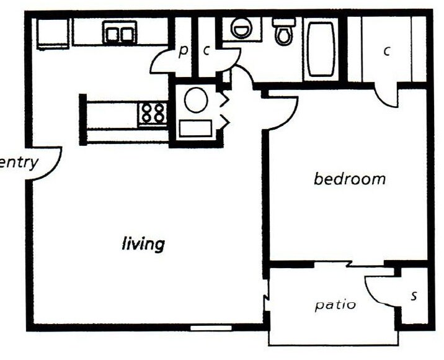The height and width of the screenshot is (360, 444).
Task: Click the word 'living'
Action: click(x=143, y=243)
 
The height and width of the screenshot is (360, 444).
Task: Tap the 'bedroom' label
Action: click(x=349, y=179)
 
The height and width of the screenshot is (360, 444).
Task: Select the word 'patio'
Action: click(x=335, y=305)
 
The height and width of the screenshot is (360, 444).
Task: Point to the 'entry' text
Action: click(x=19, y=163)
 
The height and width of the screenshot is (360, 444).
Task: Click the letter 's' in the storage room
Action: click(x=414, y=296)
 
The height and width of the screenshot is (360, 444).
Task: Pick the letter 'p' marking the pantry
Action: click(x=182, y=51)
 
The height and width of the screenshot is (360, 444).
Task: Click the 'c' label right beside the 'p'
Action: click(x=206, y=51)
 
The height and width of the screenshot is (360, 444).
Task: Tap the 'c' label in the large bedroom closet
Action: click(x=386, y=51)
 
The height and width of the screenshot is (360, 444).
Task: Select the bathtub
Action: click(x=321, y=50)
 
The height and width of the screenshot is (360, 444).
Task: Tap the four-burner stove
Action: click(x=153, y=113)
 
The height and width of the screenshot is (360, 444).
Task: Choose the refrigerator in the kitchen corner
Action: click(x=52, y=33)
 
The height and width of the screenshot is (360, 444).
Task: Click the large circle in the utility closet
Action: click(x=195, y=100)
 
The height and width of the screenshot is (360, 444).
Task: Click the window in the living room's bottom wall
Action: click(x=211, y=327)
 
